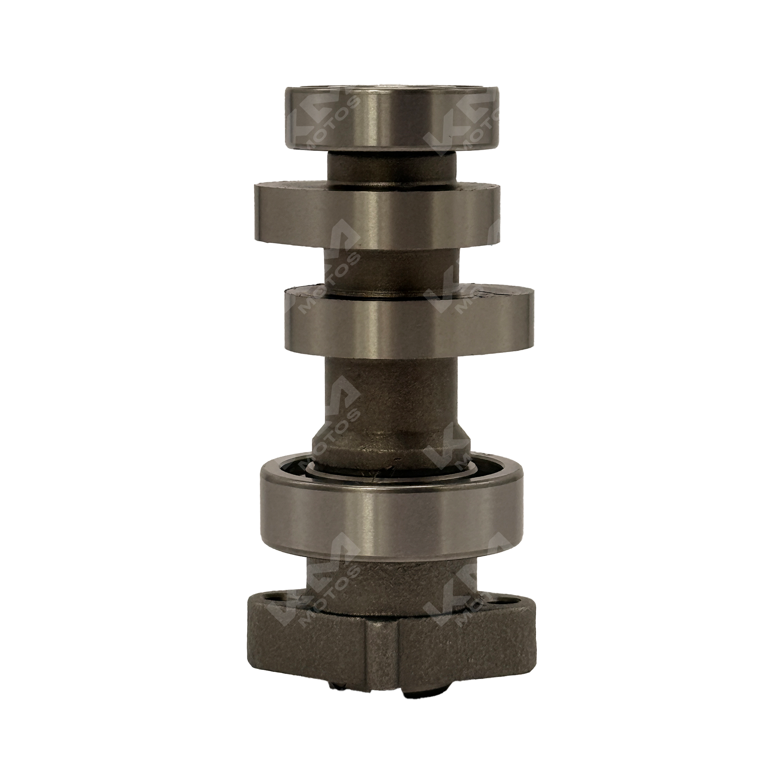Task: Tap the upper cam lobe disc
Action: [377, 219]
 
